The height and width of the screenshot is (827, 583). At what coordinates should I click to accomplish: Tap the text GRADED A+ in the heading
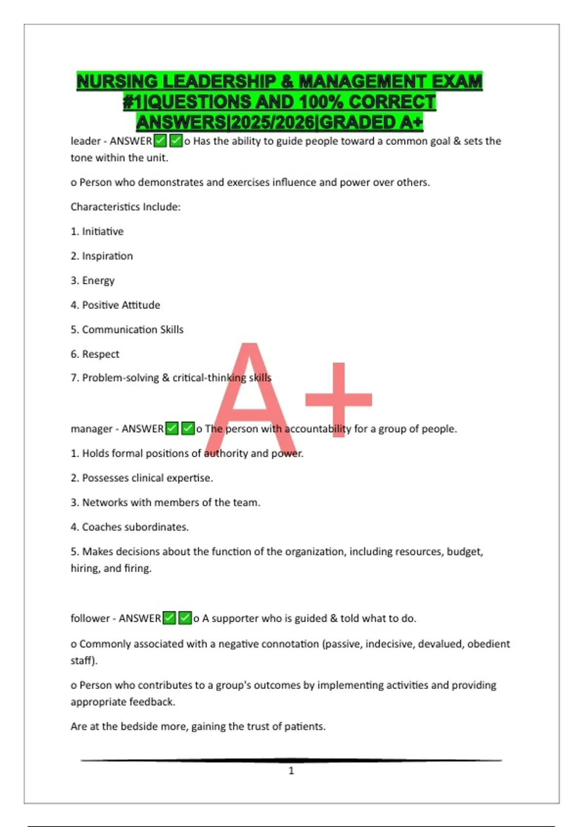(x=371, y=122)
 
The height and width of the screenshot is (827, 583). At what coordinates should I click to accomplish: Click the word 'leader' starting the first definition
(x=86, y=141)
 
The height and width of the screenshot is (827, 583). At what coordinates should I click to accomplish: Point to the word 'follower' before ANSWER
(x=90, y=618)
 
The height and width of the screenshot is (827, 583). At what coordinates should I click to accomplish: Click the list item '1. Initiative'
(x=97, y=232)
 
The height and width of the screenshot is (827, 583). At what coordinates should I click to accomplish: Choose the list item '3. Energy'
(x=93, y=281)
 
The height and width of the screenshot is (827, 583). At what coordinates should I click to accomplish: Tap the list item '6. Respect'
(x=95, y=354)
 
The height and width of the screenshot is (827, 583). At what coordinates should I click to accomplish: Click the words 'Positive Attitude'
(x=121, y=305)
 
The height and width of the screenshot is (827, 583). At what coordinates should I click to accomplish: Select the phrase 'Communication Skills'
(x=133, y=330)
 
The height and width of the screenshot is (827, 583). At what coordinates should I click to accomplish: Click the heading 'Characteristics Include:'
(x=125, y=207)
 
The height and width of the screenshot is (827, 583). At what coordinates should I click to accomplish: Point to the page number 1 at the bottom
(x=291, y=771)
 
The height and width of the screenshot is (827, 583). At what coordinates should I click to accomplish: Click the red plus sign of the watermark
(x=339, y=399)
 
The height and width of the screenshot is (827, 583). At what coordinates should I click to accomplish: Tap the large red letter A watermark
(x=250, y=399)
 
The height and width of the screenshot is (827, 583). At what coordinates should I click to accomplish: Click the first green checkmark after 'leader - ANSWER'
(x=160, y=141)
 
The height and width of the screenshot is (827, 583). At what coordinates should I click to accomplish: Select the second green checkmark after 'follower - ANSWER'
(x=185, y=618)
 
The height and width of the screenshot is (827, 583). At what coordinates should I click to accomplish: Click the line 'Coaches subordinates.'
(x=135, y=527)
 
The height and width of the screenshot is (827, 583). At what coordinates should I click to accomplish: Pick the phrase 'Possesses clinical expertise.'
(x=147, y=478)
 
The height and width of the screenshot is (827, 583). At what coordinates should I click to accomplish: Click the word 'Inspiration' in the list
(x=107, y=256)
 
